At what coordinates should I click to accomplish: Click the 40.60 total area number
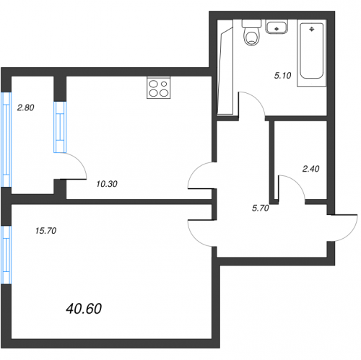pos(84,309)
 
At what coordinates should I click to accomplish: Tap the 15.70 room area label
pos(45,231)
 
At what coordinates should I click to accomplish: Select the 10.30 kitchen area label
pos(107,184)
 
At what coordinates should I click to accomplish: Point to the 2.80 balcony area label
pos(26,107)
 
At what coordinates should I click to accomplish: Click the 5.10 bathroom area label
pos(283,76)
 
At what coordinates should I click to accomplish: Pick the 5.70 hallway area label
pos(261,208)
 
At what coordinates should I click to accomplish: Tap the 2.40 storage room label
pos(311,169)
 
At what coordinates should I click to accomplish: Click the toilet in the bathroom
pos(252,32)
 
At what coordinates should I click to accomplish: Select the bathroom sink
pos(277,27)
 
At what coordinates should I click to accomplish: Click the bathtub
pos(312,51)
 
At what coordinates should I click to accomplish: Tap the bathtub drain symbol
pos(312,30)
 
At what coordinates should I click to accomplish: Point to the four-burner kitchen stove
pos(159,88)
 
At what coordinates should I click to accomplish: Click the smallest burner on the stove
pos(164,84)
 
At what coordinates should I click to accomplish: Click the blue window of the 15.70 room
pos(6,255)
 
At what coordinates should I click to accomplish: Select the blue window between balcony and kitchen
pos(60,127)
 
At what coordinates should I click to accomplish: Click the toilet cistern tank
pos(252,23)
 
